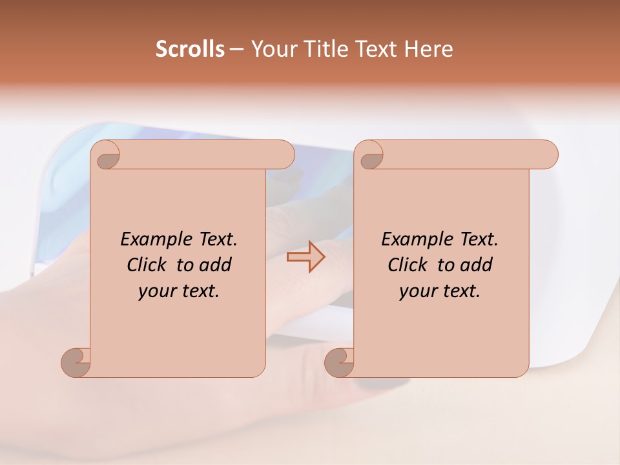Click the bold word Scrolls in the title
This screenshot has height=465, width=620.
tap(191, 49)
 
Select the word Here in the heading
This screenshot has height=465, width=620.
tap(429, 49)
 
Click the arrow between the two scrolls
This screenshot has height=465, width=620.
tap(305, 256)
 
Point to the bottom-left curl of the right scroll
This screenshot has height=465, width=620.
tap(340, 362)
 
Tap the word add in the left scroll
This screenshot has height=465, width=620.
tap(216, 265)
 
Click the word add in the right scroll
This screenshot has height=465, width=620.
tap(477, 265)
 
